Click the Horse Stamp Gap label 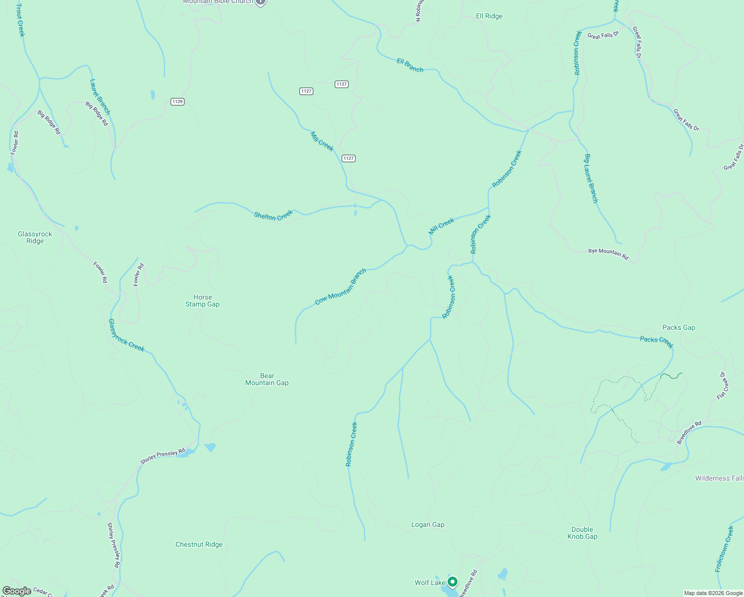(202, 300)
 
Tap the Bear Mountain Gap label (267, 379)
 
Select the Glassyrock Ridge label (35, 237)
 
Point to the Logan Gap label (428, 524)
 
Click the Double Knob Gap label (582, 533)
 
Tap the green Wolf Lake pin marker (452, 581)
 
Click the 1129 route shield (178, 101)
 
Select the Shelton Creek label (274, 215)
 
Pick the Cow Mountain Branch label (341, 287)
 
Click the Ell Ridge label (489, 16)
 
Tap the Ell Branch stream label (410, 65)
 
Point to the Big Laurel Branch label (591, 178)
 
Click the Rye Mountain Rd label (608, 254)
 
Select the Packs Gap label (678, 327)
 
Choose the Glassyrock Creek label (126, 335)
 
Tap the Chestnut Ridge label (199, 544)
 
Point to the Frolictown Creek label (724, 549)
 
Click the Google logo (17, 591)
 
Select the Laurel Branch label (100, 97)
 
